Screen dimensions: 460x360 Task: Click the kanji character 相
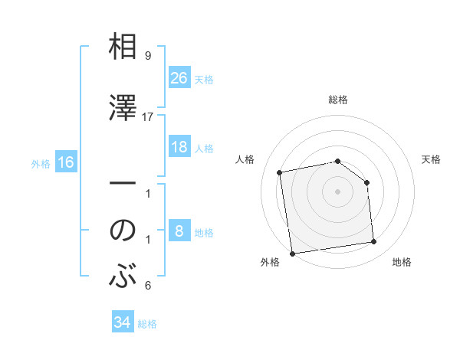[123, 48]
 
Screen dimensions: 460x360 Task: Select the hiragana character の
[123, 230]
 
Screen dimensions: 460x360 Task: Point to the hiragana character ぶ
[123, 276]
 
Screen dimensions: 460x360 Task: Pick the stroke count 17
[148, 116]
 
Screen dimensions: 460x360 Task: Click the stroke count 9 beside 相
[148, 56]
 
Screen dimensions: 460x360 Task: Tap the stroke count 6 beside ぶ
[148, 286]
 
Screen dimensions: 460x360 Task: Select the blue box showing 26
[179, 78]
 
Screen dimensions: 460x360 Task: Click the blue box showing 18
[179, 147]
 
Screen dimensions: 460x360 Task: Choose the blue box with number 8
[179, 231]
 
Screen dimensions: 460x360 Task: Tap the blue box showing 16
[65, 162]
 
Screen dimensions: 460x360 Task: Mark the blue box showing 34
[122, 322]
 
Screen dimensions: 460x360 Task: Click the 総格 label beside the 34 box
[147, 324]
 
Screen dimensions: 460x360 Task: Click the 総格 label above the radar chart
[337, 100]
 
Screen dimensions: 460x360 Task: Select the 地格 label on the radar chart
[402, 262]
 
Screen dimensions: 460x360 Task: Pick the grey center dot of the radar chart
[337, 191]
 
